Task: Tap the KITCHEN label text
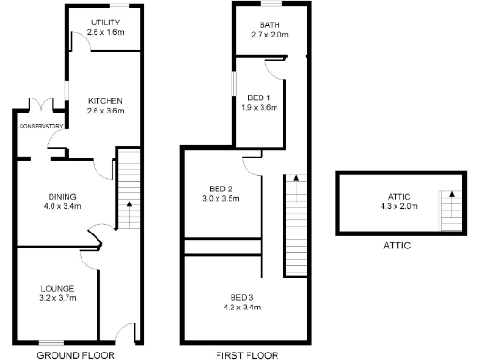[105, 101]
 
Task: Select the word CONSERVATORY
[41, 126]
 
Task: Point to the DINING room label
[63, 196]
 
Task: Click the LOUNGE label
[58, 288]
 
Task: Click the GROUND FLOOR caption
[75, 355]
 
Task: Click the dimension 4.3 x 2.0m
[397, 206]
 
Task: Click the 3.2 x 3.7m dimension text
[58, 298]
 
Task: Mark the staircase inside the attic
[451, 211]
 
